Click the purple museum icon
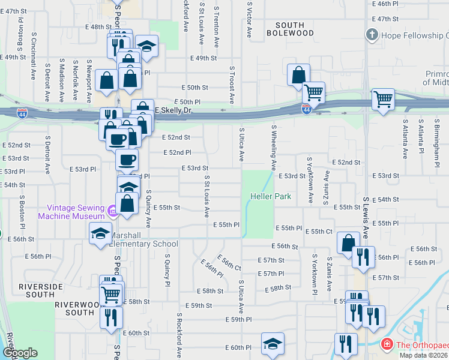tap(112, 211)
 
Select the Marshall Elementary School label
tap(144, 239)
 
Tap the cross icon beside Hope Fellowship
tap(373, 35)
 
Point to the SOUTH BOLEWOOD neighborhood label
tap(294, 29)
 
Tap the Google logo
tap(20, 353)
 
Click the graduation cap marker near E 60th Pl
tap(273, 344)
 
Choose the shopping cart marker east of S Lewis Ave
tap(383, 100)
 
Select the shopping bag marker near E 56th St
tap(348, 244)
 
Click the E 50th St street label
tap(193, 88)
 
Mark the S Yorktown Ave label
tap(310, 178)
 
